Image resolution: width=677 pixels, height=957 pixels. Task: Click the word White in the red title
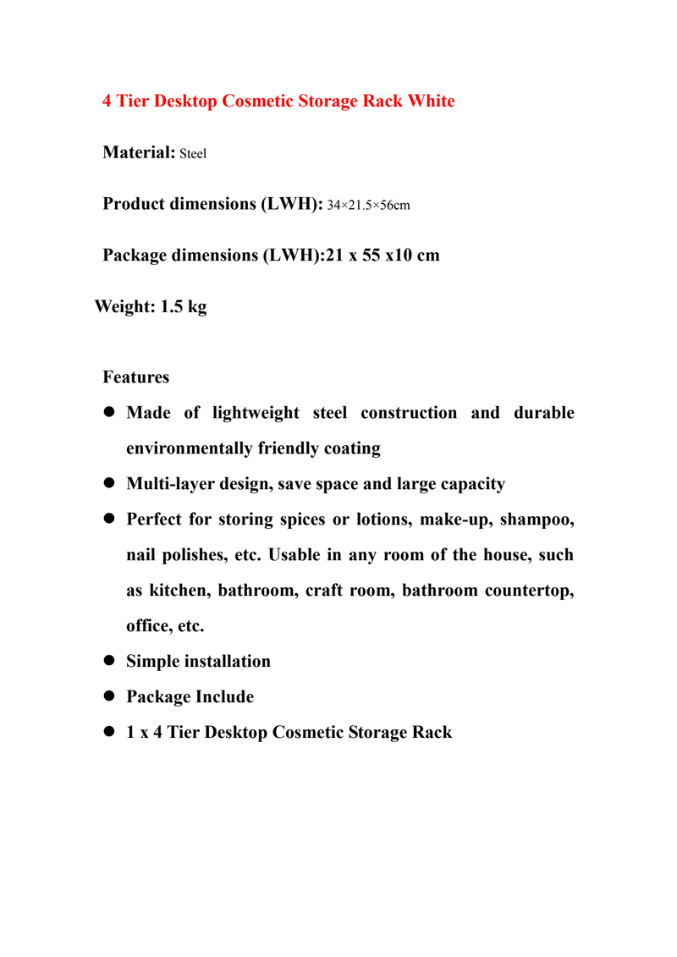[431, 102]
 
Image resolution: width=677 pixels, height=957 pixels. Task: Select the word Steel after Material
[194, 155]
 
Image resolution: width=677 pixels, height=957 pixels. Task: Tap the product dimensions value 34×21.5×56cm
[368, 206]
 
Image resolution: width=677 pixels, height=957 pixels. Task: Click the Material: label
[139, 153]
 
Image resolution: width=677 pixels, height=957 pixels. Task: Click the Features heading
[135, 377]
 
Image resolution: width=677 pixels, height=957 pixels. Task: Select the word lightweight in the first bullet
[256, 413]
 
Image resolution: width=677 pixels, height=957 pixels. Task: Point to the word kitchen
[179, 591]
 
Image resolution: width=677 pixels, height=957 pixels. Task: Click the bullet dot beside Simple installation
[108, 662]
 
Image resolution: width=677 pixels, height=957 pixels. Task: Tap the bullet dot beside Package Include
[108, 697]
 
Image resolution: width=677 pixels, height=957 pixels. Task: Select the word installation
[226, 662]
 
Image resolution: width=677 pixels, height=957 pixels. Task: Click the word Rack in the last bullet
[432, 733]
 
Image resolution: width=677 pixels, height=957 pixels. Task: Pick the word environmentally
[190, 448]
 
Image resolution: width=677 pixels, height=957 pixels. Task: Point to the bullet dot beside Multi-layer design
[108, 484]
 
